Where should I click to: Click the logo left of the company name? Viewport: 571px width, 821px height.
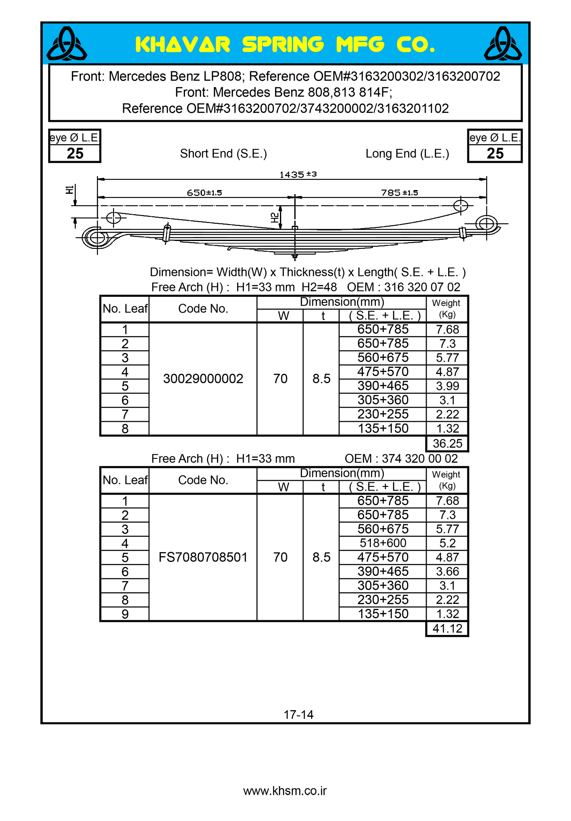tap(67, 44)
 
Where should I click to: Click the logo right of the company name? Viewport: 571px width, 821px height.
tap(503, 44)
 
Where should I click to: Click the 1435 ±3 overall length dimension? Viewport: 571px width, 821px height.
tap(298, 174)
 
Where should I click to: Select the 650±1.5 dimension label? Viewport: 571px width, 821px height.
tap(204, 193)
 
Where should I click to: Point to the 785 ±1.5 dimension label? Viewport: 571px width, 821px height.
tap(400, 193)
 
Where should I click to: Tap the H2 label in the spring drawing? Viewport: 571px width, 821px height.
tap(275, 218)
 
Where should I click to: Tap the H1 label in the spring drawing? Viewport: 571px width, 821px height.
tap(69, 190)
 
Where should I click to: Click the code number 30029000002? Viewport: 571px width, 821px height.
tap(203, 378)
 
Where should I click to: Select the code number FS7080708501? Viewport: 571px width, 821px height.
tap(203, 557)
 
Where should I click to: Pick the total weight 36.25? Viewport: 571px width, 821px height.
tap(447, 443)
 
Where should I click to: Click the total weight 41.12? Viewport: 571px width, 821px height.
tap(447, 628)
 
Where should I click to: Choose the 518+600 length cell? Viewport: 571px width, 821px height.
tap(383, 543)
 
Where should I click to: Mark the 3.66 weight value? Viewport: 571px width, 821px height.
tap(447, 571)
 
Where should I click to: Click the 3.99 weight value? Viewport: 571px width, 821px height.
tap(447, 386)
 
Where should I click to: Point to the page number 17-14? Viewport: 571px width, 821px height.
tap(298, 715)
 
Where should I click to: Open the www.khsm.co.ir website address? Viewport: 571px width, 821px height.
tap(285, 791)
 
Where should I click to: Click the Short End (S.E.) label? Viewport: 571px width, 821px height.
tap(223, 154)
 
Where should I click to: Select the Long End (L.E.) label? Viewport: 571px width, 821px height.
tap(407, 154)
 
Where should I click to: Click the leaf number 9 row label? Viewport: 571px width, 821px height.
tap(125, 614)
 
